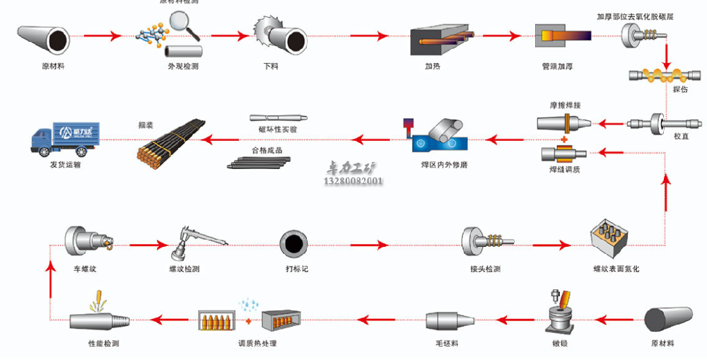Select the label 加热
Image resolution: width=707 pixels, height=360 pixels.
(x=433, y=66)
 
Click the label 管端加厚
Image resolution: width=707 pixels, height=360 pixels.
(x=556, y=66)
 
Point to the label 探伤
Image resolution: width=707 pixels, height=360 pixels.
(x=680, y=90)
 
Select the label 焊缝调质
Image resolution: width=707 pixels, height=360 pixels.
(x=565, y=169)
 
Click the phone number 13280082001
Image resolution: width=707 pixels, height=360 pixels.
(x=353, y=181)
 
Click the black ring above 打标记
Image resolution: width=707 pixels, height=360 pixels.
(x=292, y=244)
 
